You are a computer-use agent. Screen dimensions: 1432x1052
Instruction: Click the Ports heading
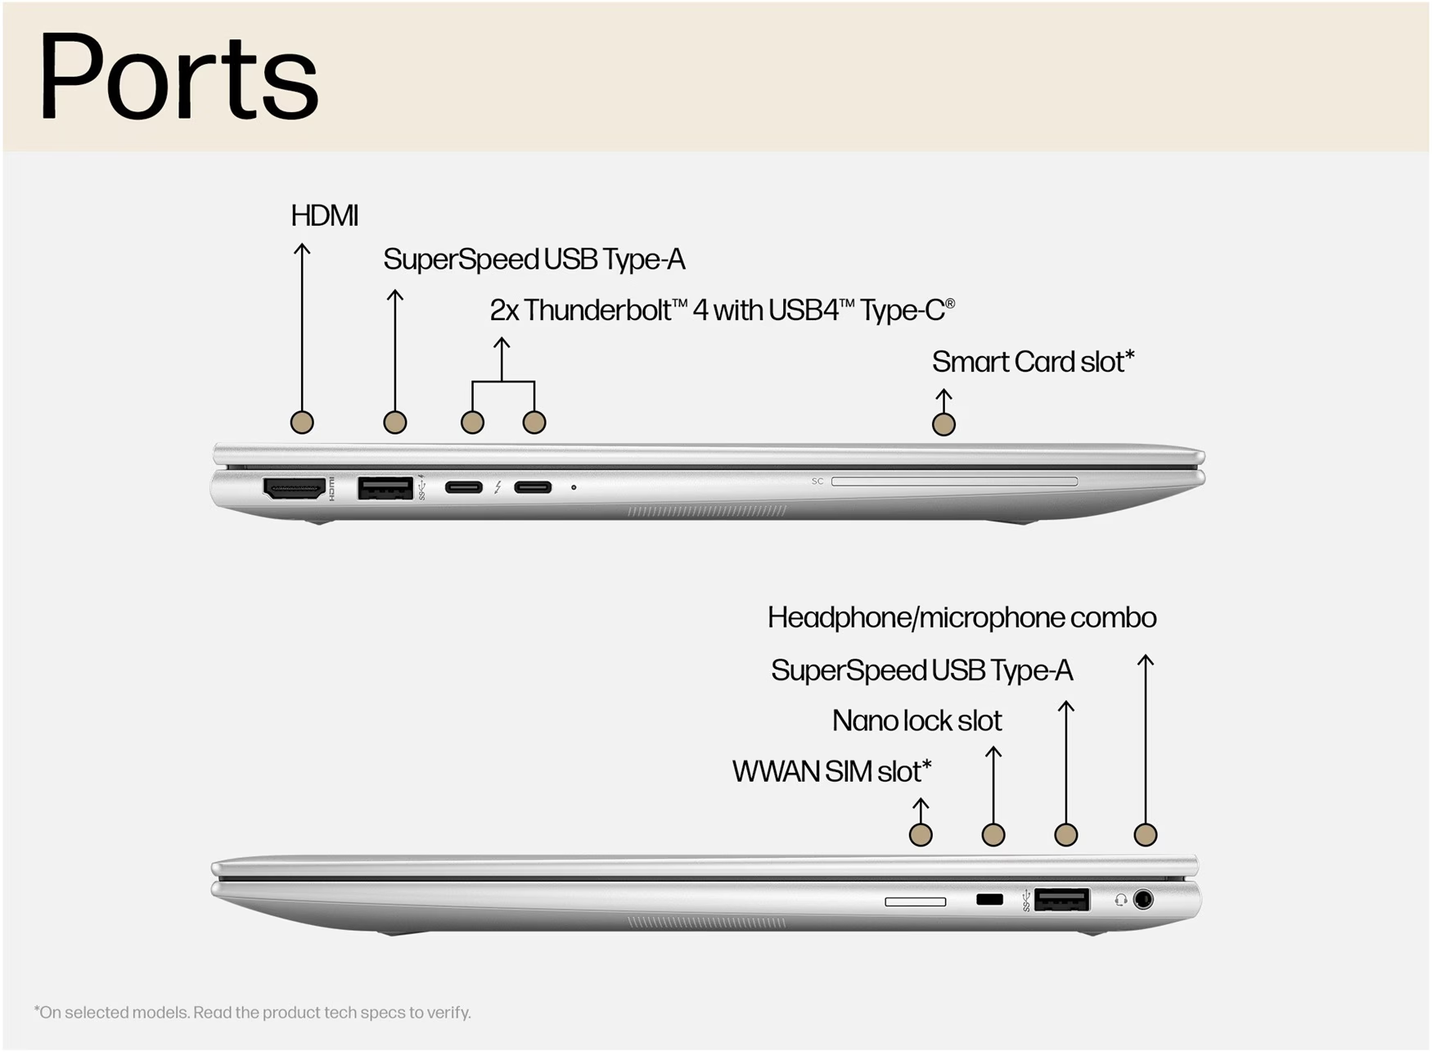click(178, 77)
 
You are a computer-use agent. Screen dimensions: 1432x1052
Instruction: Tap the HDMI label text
click(325, 216)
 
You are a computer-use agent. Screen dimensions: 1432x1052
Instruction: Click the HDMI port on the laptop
click(295, 489)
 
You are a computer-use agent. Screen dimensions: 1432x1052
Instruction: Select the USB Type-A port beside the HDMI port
click(385, 488)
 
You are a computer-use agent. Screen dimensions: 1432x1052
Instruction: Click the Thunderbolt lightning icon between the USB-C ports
click(498, 488)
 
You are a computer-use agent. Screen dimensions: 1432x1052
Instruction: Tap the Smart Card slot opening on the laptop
click(954, 481)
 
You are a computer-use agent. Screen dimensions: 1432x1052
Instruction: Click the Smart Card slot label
click(1033, 362)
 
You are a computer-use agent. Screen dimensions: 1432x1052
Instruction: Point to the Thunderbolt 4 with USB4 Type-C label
click(723, 310)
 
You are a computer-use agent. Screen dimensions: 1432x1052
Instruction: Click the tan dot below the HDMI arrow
click(302, 422)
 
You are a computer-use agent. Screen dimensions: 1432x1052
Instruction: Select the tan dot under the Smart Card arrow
click(943, 424)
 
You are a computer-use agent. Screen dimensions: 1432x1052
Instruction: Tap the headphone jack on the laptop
click(1143, 900)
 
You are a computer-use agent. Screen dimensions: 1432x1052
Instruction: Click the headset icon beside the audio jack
click(1121, 900)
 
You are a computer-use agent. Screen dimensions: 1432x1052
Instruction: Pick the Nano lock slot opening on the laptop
click(990, 900)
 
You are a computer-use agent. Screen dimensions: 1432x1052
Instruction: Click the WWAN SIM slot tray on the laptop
click(916, 901)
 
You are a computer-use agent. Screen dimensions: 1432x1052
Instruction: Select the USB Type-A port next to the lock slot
click(1061, 900)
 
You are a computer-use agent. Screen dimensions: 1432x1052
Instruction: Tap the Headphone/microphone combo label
click(962, 618)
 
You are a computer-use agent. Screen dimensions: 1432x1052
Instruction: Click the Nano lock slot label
click(917, 721)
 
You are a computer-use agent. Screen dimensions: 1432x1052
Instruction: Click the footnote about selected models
click(253, 1013)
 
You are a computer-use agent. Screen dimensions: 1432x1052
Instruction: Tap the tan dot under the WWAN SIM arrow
click(921, 835)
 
